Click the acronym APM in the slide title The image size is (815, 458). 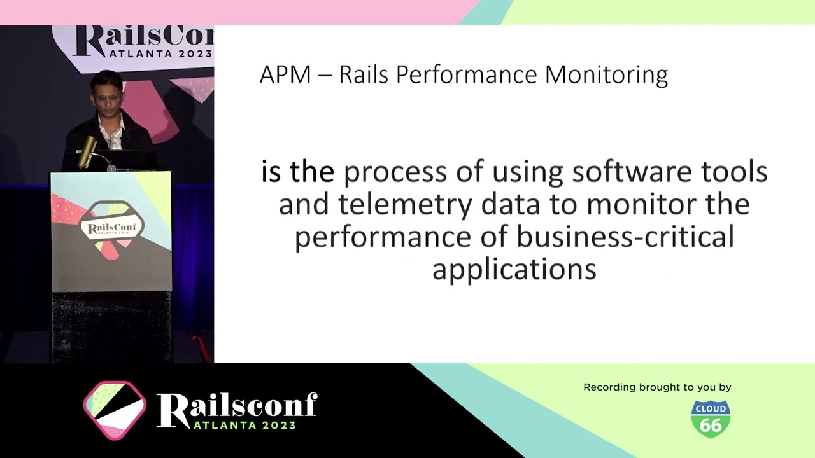285,74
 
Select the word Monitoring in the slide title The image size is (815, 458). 607,76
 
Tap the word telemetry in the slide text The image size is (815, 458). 405,205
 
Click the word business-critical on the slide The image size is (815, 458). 625,237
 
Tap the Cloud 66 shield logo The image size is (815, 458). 711,419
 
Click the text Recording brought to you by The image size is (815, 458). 657,387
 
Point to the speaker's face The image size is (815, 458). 108,95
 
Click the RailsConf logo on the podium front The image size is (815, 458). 111,228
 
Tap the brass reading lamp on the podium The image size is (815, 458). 87,151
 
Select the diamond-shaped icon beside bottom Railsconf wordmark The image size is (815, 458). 115,410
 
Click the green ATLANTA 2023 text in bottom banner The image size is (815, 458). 244,426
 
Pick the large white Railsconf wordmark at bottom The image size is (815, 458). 237,406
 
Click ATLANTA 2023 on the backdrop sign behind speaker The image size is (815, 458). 160,54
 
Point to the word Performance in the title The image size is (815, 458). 467,76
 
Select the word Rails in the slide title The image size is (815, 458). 364,75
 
